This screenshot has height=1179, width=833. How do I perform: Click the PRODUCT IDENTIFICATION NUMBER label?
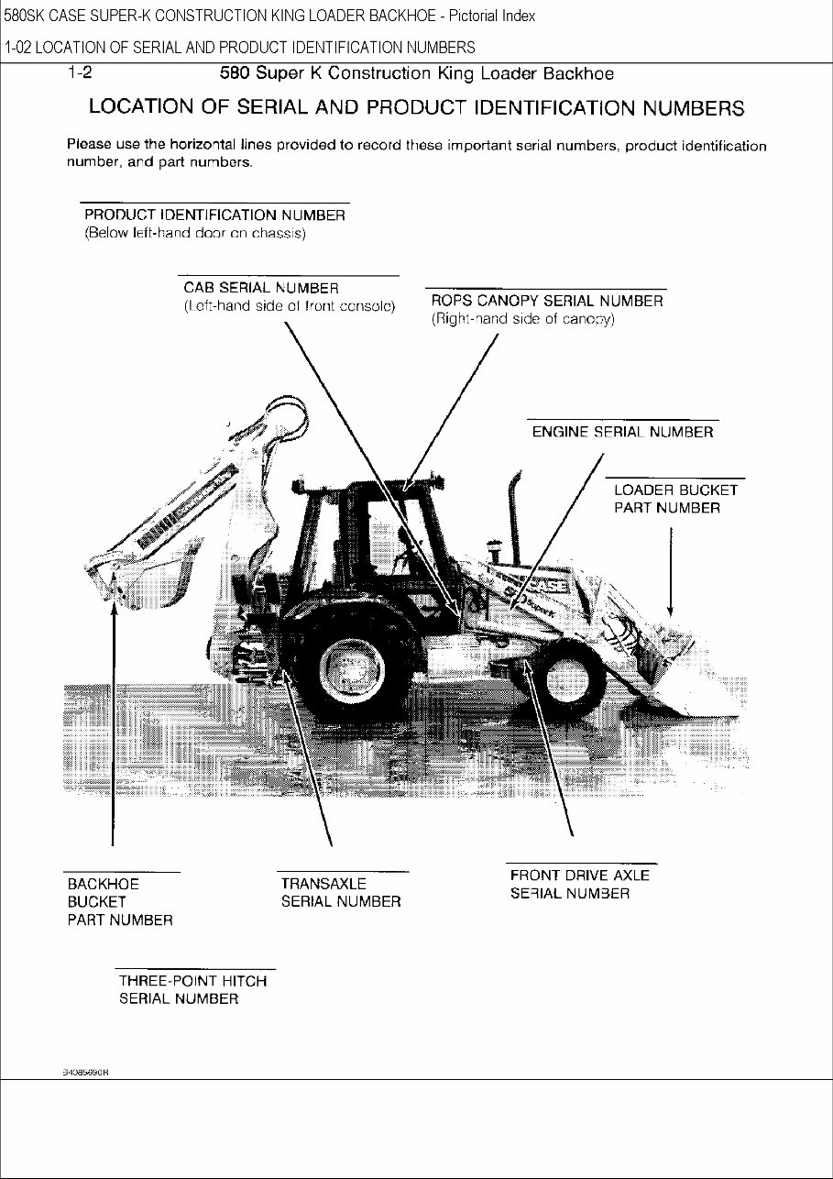(x=214, y=215)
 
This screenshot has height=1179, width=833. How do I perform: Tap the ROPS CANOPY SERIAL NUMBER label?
(x=547, y=301)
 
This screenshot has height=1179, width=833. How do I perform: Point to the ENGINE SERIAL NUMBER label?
(x=622, y=433)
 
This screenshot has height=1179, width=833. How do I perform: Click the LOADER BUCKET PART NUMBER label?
(x=674, y=499)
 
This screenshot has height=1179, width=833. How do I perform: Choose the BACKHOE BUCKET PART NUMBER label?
(x=119, y=901)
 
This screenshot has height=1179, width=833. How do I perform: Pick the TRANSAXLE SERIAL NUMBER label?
(x=340, y=892)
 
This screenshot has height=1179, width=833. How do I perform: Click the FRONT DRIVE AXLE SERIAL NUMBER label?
(x=579, y=884)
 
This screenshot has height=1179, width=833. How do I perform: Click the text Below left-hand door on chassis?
(x=195, y=234)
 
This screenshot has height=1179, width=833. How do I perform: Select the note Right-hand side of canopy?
(x=522, y=320)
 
